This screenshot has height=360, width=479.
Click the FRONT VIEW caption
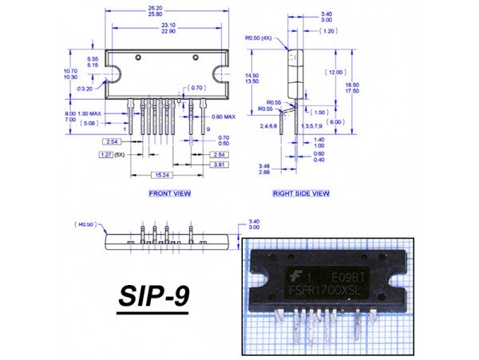pyautogui.click(x=169, y=193)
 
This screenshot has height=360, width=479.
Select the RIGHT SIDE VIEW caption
pyautogui.click(x=301, y=193)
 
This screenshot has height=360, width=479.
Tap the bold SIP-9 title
pyautogui.click(x=154, y=295)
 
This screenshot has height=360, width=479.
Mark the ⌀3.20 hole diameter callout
pyautogui.click(x=85, y=89)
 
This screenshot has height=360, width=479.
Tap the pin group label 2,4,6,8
pyautogui.click(x=267, y=126)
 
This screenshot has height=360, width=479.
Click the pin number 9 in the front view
pyautogui.click(x=207, y=129)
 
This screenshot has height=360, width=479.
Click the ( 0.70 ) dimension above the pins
pyautogui.click(x=196, y=87)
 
